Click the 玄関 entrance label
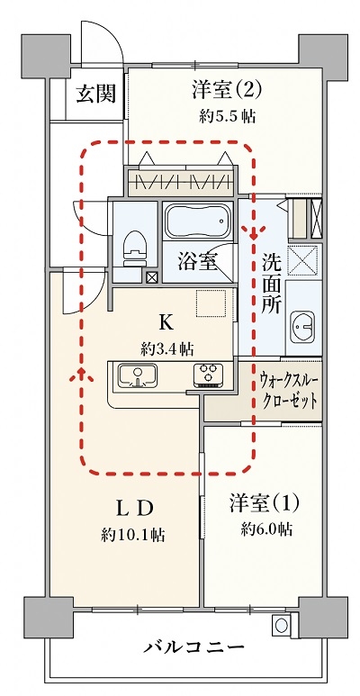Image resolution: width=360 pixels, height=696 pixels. (x=96, y=94)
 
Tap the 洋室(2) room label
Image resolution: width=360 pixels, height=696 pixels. (x=227, y=90)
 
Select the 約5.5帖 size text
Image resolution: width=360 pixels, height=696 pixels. (x=228, y=117)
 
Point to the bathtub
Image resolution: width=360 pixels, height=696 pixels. (x=198, y=221)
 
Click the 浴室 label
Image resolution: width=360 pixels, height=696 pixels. (x=197, y=262)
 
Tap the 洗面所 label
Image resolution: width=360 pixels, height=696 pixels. (x=270, y=283)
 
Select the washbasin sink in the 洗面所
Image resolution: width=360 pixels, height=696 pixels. (x=302, y=327)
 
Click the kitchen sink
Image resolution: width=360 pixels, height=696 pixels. (x=138, y=375)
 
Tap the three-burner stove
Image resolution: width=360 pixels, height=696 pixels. (x=208, y=375)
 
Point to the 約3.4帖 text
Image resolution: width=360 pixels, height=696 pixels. (x=166, y=349)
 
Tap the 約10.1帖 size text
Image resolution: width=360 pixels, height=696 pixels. (x=132, y=536)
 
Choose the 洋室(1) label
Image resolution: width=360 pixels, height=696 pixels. (x=264, y=503)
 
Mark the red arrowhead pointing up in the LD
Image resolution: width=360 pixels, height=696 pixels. (x=83, y=375)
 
